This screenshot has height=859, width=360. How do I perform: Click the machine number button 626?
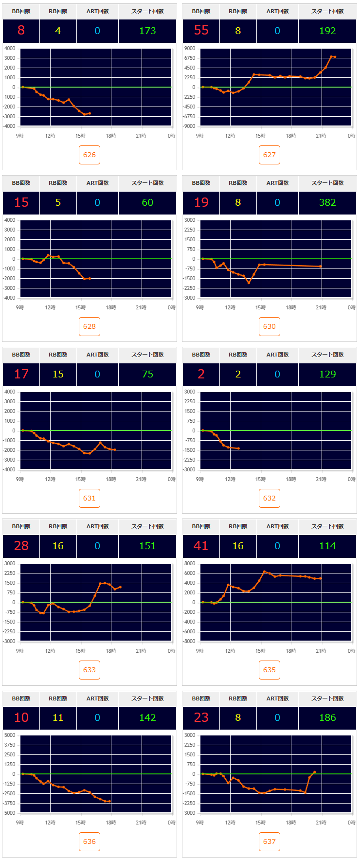coord(90,155)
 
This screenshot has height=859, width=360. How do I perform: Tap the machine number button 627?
coord(270,155)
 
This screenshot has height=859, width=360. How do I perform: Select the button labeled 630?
coord(270,326)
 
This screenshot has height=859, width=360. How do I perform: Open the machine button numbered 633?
coord(90,670)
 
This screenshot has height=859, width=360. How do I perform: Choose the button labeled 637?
coord(270,841)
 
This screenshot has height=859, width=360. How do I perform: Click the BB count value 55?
coord(201,31)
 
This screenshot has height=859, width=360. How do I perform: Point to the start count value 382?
coord(327,202)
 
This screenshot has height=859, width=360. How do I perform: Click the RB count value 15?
coord(58,374)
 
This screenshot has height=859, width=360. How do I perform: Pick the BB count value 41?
coord(201,546)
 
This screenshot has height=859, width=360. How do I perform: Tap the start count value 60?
coord(147,202)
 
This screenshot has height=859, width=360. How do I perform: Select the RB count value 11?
coord(58,717)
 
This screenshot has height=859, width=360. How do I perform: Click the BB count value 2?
coord(201,374)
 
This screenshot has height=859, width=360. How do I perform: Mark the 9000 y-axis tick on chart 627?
coord(190,48)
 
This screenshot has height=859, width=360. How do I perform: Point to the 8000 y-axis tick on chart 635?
coord(190,563)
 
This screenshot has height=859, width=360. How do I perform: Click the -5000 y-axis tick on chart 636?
coord(10,813)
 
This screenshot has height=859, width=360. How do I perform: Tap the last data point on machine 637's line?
coord(315,772)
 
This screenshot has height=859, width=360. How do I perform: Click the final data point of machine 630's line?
coord(321,267)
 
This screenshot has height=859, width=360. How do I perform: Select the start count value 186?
coord(327,717)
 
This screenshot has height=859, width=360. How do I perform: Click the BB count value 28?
coord(21,546)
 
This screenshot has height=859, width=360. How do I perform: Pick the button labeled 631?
coord(90,498)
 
